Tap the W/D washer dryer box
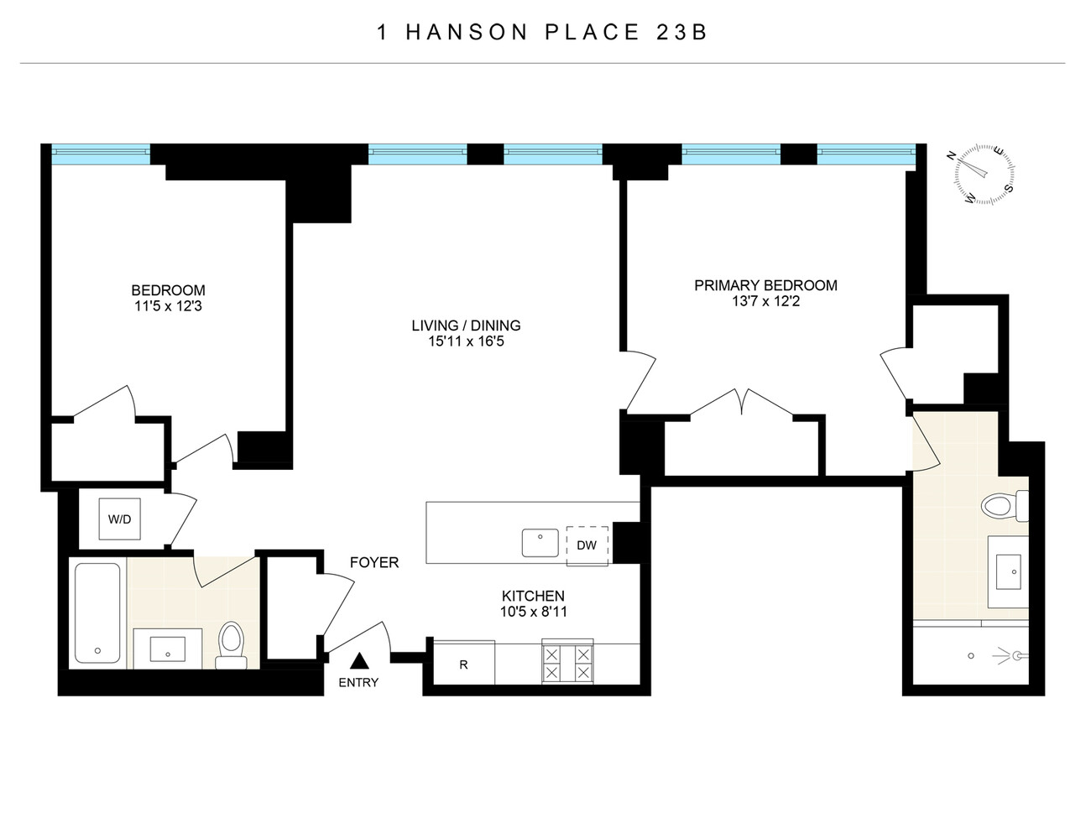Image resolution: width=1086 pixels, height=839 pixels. pyautogui.click(x=120, y=519)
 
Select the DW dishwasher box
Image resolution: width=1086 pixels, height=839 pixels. pyautogui.click(x=587, y=545)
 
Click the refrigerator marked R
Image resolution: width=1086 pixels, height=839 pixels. pyautogui.click(x=463, y=664)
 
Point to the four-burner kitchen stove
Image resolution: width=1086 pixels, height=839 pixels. pyautogui.click(x=567, y=663)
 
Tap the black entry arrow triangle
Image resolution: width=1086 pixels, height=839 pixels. pyautogui.click(x=358, y=662)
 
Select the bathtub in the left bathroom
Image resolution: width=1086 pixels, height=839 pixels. pyautogui.click(x=97, y=612)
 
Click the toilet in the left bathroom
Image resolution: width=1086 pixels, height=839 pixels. pyautogui.click(x=230, y=645)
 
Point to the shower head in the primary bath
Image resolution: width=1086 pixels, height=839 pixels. pyautogui.click(x=1016, y=655)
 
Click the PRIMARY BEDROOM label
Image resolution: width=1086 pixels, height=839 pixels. pyautogui.click(x=765, y=285)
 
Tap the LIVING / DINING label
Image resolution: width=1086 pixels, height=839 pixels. pyautogui.click(x=466, y=326)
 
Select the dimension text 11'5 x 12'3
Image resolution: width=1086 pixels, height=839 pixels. pyautogui.click(x=168, y=306)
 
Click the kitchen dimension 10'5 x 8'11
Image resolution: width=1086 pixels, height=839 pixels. pyautogui.click(x=534, y=612)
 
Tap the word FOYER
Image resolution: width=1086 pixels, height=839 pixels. pyautogui.click(x=374, y=562)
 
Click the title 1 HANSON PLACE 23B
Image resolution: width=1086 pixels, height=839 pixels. pyautogui.click(x=542, y=33)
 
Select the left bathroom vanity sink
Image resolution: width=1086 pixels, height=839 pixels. pyautogui.click(x=168, y=649)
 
